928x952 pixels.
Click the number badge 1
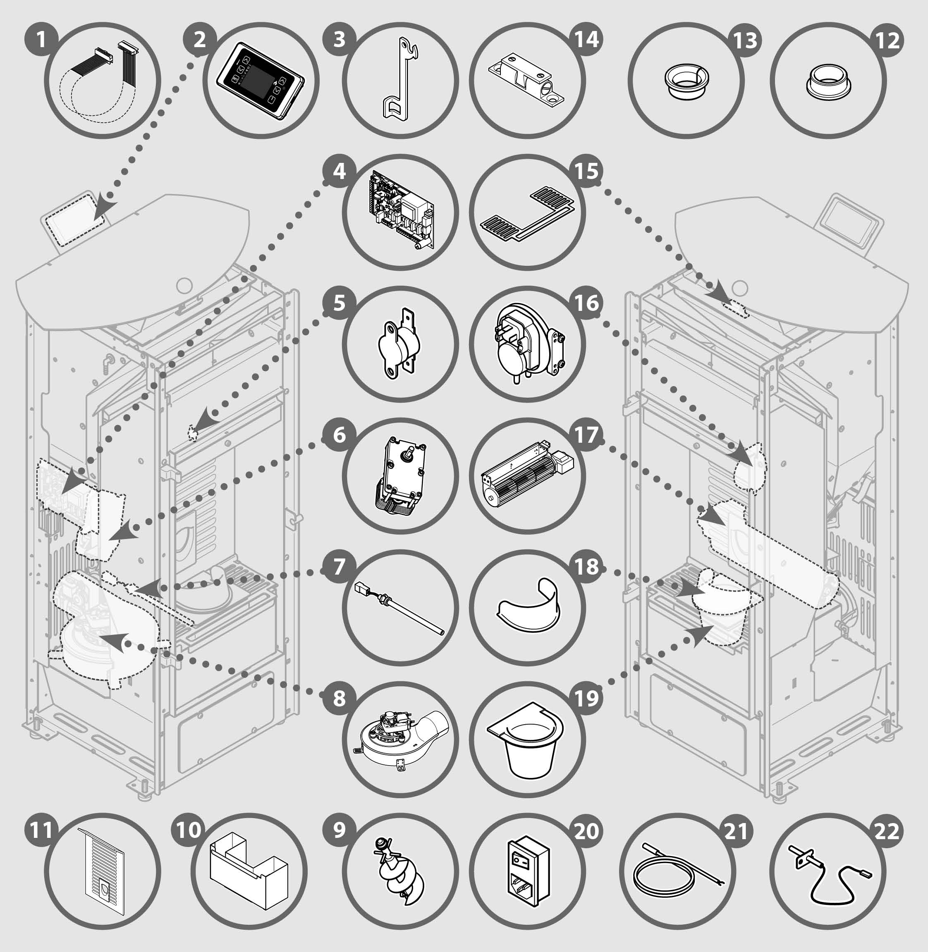(41, 39)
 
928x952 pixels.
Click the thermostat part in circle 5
(398, 343)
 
